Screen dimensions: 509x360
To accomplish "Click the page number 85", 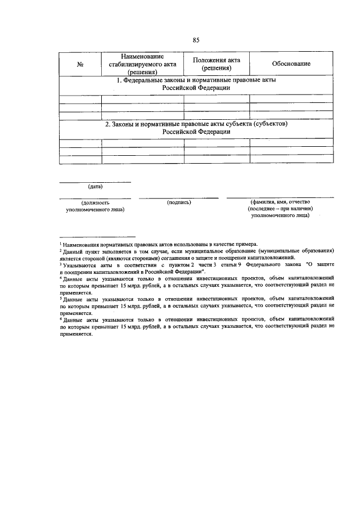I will (x=196, y=40).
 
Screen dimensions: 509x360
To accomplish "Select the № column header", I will (x=80, y=65).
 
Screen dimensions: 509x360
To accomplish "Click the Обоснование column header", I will (x=291, y=64).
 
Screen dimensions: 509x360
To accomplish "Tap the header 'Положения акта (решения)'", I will (x=217, y=64).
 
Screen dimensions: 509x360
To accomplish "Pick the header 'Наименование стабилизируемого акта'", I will (x=142, y=64).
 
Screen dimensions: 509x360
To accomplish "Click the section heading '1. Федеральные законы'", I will (x=196, y=84).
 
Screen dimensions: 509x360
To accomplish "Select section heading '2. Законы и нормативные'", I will (x=196, y=128).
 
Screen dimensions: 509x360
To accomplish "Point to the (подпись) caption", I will (x=179, y=201).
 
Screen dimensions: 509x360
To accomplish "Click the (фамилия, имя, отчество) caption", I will (x=280, y=201).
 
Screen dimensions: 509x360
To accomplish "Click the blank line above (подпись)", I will (x=178, y=197).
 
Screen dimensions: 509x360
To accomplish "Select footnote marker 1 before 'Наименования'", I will (x=61, y=243).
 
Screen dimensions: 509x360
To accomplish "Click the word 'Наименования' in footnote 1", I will (x=84, y=245).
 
